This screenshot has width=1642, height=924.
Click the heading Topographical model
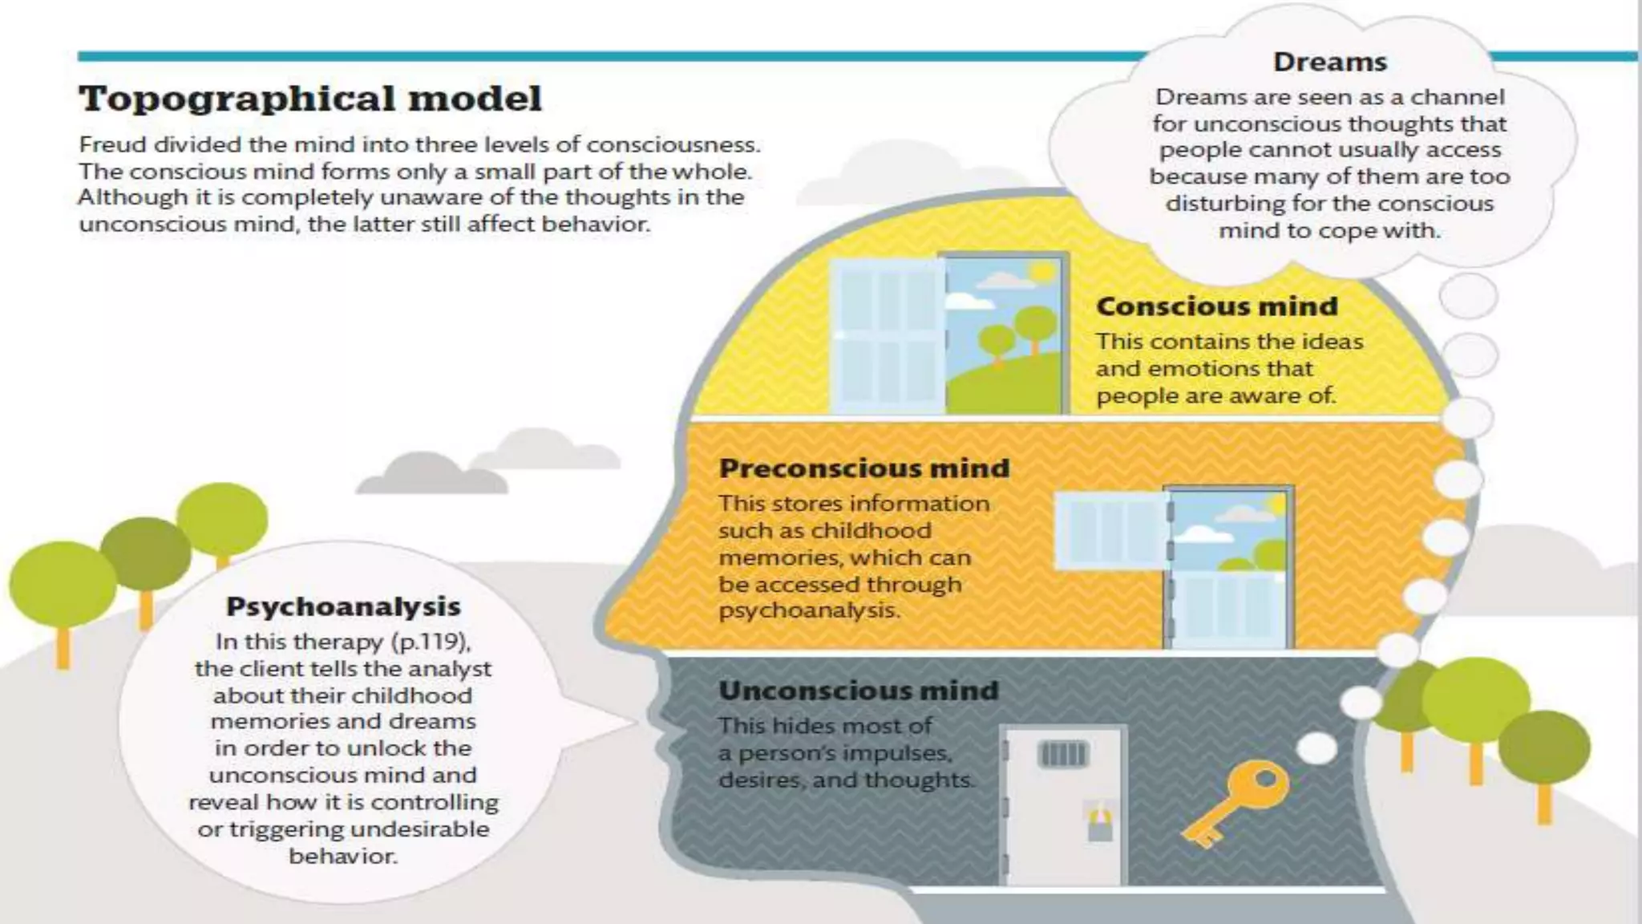click(x=310, y=99)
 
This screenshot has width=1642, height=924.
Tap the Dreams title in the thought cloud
click(x=1329, y=62)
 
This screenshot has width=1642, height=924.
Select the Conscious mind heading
click(x=1216, y=306)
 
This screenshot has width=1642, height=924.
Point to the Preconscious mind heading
click(x=863, y=468)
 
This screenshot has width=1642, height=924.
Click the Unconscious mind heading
click(x=858, y=691)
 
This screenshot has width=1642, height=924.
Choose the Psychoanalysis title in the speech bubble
click(x=343, y=606)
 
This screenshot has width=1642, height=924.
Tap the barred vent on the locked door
click(x=1062, y=754)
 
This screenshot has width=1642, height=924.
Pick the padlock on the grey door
click(x=1099, y=823)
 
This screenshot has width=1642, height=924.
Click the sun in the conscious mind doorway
click(x=1042, y=271)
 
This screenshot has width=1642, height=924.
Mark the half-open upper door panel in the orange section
click(x=1110, y=529)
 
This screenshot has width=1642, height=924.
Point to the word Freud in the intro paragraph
click(x=113, y=145)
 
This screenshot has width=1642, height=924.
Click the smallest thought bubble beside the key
click(x=1316, y=748)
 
